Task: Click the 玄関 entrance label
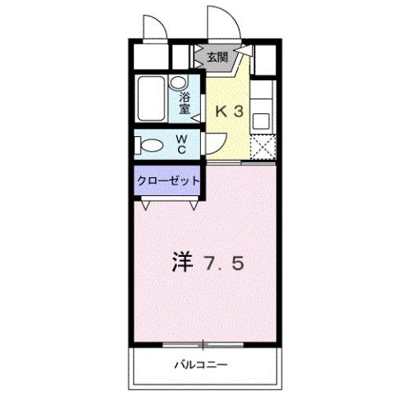coord(217,57)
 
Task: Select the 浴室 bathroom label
coord(185,102)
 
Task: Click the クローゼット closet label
coord(167,180)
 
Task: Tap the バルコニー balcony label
coord(200,363)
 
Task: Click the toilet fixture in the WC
coord(153,146)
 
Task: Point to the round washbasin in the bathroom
coord(176,82)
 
